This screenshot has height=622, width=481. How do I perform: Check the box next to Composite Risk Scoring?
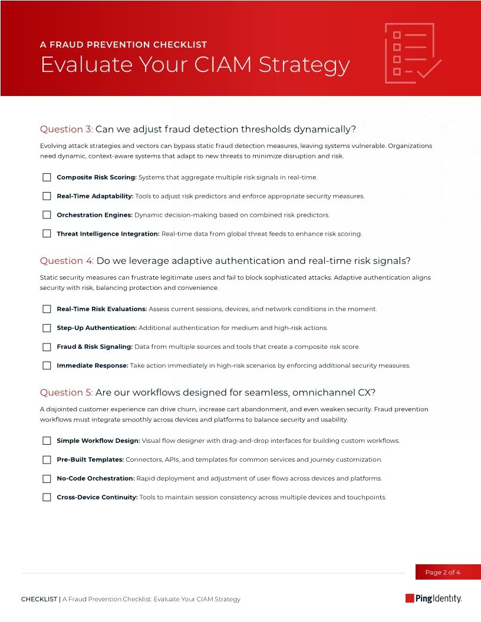tap(47, 177)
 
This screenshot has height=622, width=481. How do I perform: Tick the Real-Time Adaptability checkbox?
tap(47, 196)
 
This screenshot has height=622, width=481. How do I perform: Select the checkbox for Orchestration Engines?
tap(47, 215)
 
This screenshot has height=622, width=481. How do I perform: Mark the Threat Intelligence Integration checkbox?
tap(47, 234)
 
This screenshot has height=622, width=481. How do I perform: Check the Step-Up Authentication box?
tap(47, 328)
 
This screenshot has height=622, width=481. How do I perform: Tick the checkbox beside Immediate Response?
tap(47, 366)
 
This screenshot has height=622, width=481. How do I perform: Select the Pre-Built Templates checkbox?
tap(47, 459)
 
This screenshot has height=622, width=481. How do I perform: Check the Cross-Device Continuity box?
tap(47, 497)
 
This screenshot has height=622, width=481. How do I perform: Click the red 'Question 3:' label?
tap(66, 130)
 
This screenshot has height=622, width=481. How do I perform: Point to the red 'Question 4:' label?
tap(66, 261)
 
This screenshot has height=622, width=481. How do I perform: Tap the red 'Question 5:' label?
tap(66, 393)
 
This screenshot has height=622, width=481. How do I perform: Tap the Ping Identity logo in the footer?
tap(433, 598)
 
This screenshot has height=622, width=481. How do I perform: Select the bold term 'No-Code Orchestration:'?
tap(95, 478)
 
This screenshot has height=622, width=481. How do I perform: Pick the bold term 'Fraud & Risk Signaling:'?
tap(94, 347)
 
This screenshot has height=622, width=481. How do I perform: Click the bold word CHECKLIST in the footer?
tap(39, 599)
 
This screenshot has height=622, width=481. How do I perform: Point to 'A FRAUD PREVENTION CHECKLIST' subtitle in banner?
tap(123, 45)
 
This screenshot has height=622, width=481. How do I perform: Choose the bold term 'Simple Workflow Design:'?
tap(98, 441)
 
